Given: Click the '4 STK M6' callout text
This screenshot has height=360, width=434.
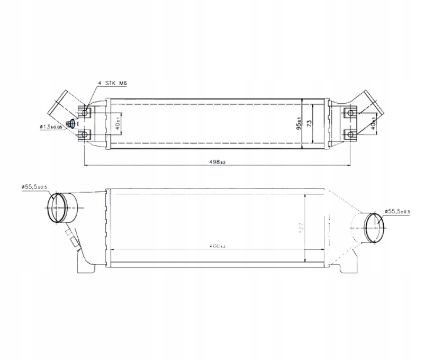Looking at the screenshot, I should coord(113,84).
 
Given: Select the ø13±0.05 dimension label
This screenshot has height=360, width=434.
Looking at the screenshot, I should coord(50,127).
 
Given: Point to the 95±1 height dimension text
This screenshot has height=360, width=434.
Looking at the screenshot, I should coord(299,123).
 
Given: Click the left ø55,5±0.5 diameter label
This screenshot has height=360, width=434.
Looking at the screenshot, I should coord(34,186).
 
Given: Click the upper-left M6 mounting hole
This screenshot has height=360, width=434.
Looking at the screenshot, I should coord(85,112).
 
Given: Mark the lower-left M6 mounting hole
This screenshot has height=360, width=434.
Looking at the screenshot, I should coord(85,134).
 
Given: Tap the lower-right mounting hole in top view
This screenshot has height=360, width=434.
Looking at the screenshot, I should coord(349,134).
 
